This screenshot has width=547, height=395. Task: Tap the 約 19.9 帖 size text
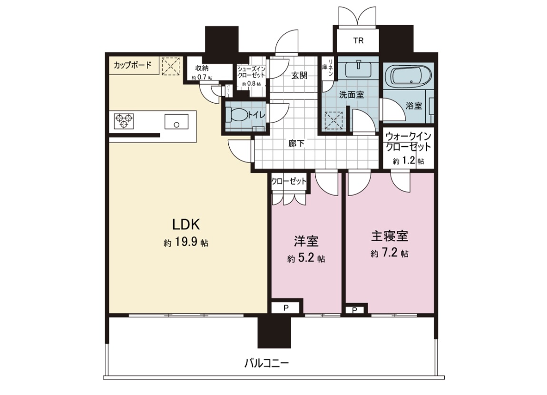pos(186,243)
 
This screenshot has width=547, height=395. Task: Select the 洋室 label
pos(306,241)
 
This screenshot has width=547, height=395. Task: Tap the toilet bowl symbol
pos(238,115)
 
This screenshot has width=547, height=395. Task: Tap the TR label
pos(358,41)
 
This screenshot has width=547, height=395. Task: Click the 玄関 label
pos(299,75)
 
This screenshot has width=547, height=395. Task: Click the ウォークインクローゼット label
pos(409,141)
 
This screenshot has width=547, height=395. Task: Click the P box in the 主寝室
pos(355,310)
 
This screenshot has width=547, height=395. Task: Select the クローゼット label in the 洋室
pos(289,181)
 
